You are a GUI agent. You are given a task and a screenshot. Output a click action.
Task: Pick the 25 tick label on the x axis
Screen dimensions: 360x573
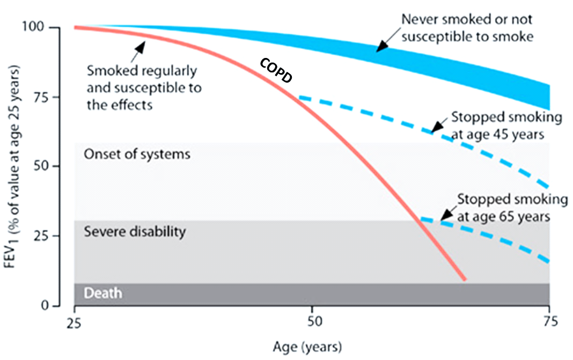tap(74, 323)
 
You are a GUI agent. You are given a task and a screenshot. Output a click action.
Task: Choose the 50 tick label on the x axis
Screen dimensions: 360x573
tap(312, 323)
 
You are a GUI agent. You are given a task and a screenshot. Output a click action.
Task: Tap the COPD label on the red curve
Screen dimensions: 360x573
tap(276, 69)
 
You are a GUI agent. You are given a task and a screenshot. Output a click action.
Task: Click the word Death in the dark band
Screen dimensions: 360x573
tap(103, 293)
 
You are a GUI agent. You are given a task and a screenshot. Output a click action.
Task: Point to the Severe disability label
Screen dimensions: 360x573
tap(135, 232)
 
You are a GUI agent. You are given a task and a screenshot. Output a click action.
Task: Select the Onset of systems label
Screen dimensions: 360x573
tap(137, 155)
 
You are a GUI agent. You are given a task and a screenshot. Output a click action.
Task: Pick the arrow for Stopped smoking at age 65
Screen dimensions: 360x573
tap(447, 214)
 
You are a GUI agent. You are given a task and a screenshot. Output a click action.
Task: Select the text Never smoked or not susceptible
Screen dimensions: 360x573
tap(467, 27)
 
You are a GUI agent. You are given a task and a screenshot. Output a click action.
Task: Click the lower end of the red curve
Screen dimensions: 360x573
tap(464, 279)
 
